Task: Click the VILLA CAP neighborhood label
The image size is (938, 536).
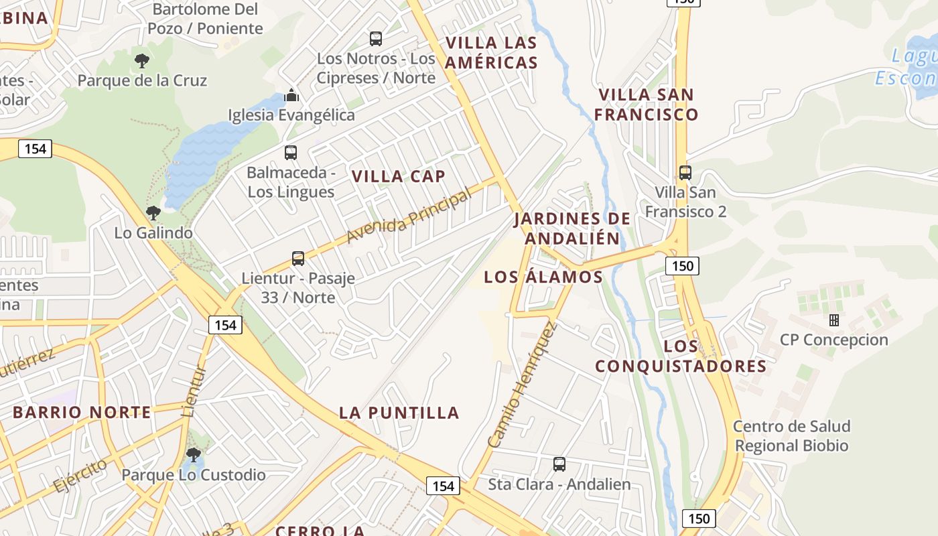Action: [399, 176]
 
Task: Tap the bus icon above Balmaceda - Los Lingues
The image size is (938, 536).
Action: [291, 153]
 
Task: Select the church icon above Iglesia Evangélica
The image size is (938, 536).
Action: [291, 95]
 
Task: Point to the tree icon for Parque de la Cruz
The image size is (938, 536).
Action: [142, 62]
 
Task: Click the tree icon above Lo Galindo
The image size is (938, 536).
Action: [153, 214]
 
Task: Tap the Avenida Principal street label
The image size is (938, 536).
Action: [409, 216]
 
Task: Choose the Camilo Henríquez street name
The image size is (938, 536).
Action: [523, 385]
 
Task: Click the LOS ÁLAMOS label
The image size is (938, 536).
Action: [543, 277]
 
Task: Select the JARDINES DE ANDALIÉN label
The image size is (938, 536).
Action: [573, 228]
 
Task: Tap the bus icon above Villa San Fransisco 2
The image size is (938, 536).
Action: [685, 173]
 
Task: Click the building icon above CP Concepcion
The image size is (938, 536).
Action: [834, 320]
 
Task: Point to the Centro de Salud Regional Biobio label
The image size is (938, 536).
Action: [791, 435]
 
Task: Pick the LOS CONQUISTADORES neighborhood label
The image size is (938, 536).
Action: [681, 356]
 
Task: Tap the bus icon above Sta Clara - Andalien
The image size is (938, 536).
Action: [559, 464]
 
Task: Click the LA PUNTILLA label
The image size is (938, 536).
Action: [399, 413]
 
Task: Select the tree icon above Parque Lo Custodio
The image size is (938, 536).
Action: [194, 456]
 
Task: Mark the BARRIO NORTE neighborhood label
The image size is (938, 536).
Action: [82, 412]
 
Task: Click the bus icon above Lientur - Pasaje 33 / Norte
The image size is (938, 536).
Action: [298, 258]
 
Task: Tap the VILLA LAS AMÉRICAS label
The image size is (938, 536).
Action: [492, 53]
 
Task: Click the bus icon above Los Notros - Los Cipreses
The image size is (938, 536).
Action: [376, 39]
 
